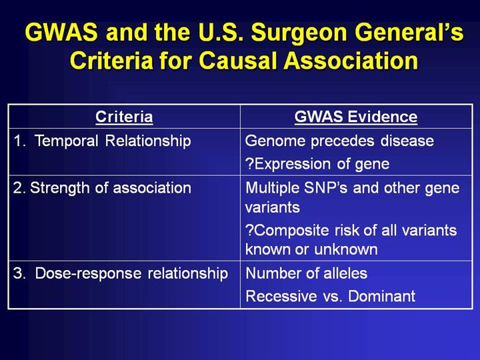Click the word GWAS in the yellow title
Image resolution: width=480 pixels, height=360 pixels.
point(61,32)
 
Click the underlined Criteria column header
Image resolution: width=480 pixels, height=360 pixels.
point(124,117)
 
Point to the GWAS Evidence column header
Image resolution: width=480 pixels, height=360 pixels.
point(356,117)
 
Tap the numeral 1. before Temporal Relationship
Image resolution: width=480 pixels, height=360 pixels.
point(19,141)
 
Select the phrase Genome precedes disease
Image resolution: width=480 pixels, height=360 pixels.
point(339,141)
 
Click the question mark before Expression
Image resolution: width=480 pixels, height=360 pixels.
point(249,164)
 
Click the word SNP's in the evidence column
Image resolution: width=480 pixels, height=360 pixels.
point(326,187)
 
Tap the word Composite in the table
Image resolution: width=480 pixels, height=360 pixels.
point(291,231)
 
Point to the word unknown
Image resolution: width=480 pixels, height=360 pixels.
point(346,249)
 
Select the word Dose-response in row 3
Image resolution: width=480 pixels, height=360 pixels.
point(88,273)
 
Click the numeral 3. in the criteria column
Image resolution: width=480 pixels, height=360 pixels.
point(19,273)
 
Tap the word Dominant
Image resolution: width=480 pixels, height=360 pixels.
point(382,296)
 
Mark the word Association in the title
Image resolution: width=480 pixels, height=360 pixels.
point(351,60)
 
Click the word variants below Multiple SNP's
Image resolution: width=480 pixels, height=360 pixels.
point(273,207)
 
